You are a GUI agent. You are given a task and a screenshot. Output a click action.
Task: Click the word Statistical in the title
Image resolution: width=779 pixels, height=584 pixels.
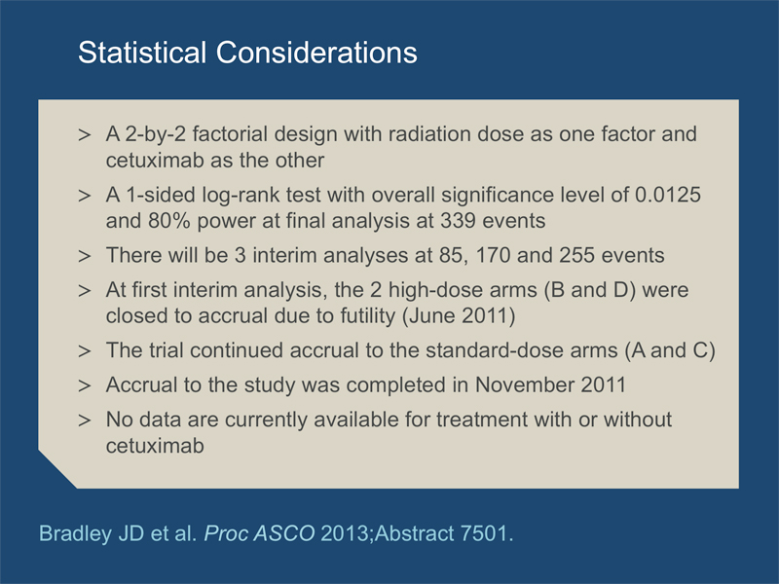pyautogui.click(x=142, y=53)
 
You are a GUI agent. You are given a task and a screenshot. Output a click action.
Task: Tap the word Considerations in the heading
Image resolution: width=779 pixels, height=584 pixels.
pyautogui.click(x=316, y=53)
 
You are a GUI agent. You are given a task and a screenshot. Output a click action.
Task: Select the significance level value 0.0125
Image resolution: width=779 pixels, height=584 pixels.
pyautogui.click(x=668, y=195)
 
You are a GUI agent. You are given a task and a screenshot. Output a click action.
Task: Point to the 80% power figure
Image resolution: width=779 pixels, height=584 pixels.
pyautogui.click(x=168, y=221)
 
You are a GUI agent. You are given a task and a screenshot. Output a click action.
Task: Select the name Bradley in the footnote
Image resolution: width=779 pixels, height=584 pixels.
pyautogui.click(x=75, y=533)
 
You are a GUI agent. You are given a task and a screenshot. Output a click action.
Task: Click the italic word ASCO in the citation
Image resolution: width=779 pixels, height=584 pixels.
pyautogui.click(x=283, y=533)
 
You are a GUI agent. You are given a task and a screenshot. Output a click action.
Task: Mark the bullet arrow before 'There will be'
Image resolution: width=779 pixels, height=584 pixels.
pyautogui.click(x=85, y=256)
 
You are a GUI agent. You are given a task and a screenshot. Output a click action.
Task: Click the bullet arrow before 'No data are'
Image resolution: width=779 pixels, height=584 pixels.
pyautogui.click(x=85, y=420)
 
